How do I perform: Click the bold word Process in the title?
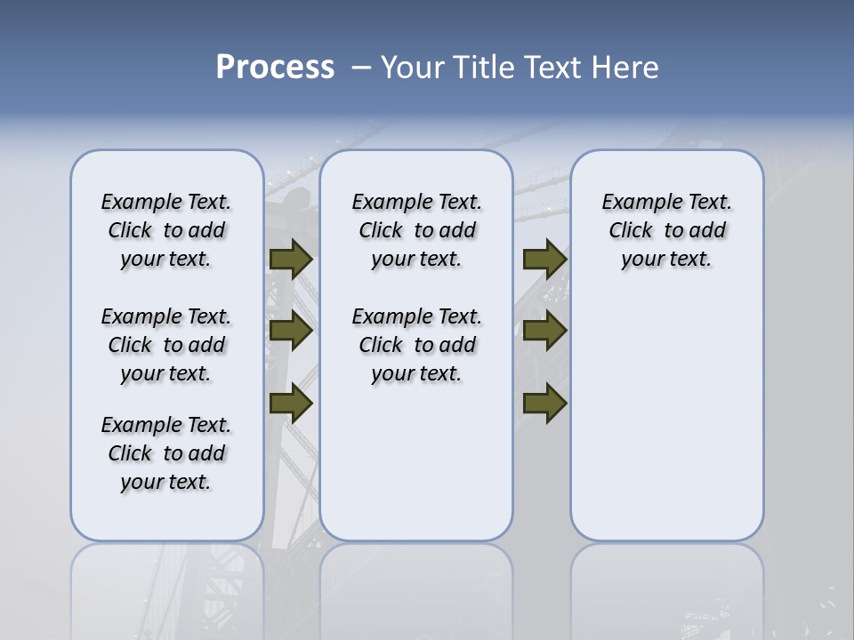click(275, 68)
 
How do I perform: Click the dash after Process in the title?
click(360, 68)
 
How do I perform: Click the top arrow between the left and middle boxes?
click(291, 259)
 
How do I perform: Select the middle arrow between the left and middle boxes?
click(291, 331)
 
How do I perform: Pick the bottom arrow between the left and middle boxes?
click(291, 403)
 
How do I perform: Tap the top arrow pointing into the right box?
click(544, 259)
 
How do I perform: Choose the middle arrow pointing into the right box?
click(544, 331)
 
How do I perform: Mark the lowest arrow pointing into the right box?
click(544, 403)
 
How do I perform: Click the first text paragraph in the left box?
click(166, 230)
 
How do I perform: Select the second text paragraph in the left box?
click(166, 345)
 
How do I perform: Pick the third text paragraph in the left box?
click(166, 453)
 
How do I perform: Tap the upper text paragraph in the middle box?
click(416, 230)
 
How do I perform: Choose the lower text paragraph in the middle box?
click(416, 345)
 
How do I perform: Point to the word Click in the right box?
click(631, 231)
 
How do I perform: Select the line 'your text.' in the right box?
click(666, 260)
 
